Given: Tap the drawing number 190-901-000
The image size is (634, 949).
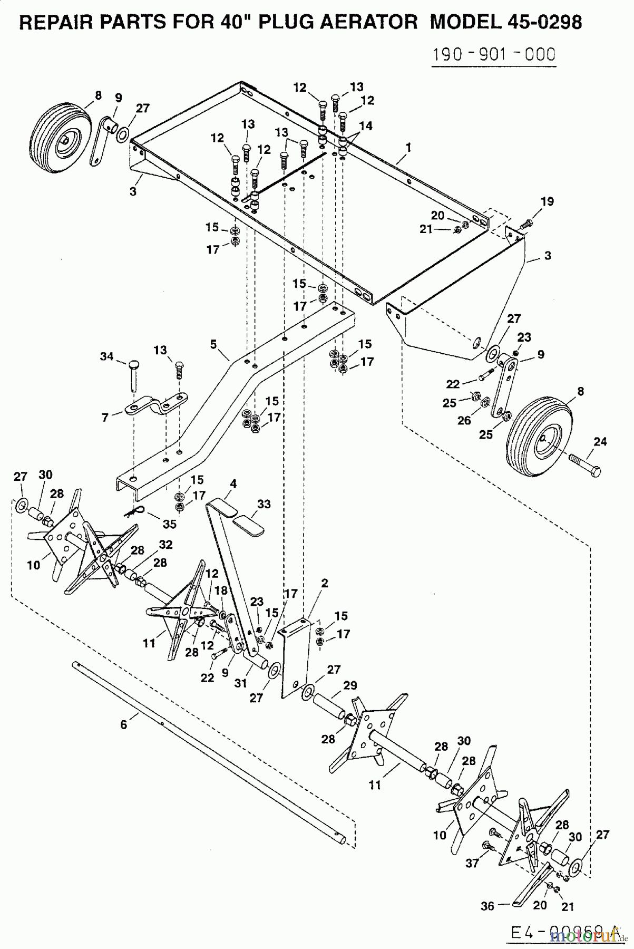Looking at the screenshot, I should click(x=493, y=54).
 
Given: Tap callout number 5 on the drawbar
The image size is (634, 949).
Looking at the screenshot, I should click(x=213, y=344).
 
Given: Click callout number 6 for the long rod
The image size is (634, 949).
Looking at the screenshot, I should click(x=123, y=725).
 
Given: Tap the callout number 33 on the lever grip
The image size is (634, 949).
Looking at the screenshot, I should click(x=264, y=504).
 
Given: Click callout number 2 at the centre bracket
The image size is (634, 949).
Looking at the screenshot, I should click(x=325, y=583).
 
